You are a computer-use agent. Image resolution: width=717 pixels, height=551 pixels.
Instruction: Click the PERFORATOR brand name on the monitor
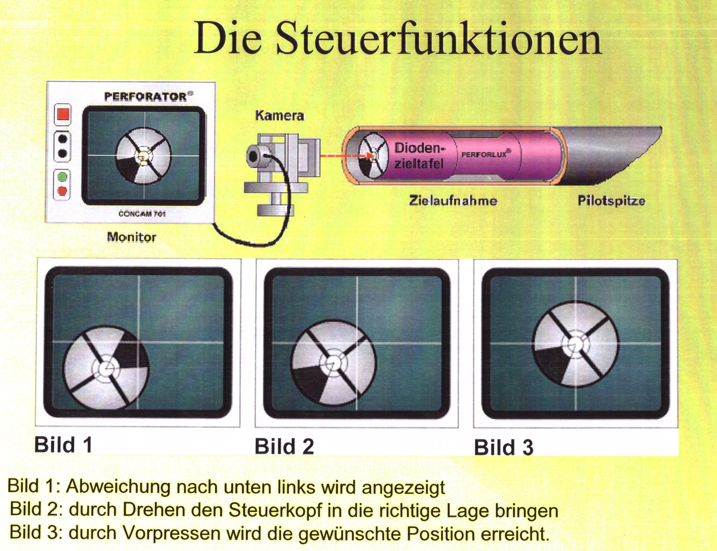pyautogui.click(x=145, y=97)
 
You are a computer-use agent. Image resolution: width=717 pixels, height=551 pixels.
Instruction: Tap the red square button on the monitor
pyautogui.click(x=63, y=115)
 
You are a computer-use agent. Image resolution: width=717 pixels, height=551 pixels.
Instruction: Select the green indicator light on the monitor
pyautogui.click(x=62, y=177)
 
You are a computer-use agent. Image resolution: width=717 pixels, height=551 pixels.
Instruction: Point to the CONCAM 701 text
pyautogui.click(x=142, y=214)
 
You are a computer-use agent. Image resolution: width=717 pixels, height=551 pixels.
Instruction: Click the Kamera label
pyautogui.click(x=279, y=115)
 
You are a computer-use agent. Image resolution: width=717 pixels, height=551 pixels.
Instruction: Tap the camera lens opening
pyautogui.click(x=253, y=157)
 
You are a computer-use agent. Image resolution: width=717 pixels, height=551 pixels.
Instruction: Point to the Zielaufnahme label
pyautogui.click(x=453, y=200)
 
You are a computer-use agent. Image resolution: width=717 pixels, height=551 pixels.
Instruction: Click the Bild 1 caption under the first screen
pyautogui.click(x=63, y=445)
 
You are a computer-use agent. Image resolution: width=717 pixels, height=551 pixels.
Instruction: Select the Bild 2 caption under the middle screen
pyautogui.click(x=284, y=446)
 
